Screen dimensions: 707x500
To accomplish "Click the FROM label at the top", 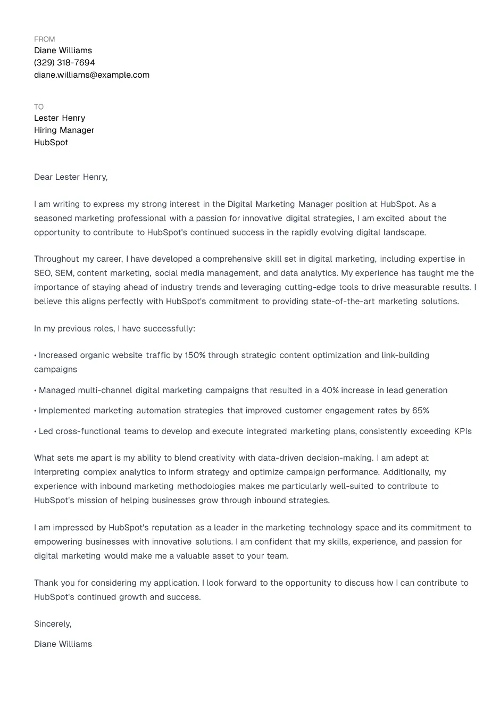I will click(44, 39).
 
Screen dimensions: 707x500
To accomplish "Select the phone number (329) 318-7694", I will click(64, 63).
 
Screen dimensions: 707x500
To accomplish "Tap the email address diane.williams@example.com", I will click(91, 75).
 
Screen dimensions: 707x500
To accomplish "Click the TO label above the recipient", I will click(39, 107).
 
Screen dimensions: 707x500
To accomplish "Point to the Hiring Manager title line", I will click(64, 130).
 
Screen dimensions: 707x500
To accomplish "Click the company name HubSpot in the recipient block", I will click(51, 143).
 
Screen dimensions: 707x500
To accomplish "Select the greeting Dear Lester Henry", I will click(71, 177).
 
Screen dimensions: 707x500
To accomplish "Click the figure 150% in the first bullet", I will click(195, 355).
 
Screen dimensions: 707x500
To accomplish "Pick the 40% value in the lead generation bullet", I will click(330, 390).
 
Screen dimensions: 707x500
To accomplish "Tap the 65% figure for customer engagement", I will click(420, 411).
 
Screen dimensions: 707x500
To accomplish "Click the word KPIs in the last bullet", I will click(463, 431).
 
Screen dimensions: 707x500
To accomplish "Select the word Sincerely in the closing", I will click(52, 624).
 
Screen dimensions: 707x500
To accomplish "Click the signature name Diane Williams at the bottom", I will click(63, 644).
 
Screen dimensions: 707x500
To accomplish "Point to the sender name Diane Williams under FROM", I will click(63, 51).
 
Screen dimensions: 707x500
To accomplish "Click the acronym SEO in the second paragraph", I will click(43, 273).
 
